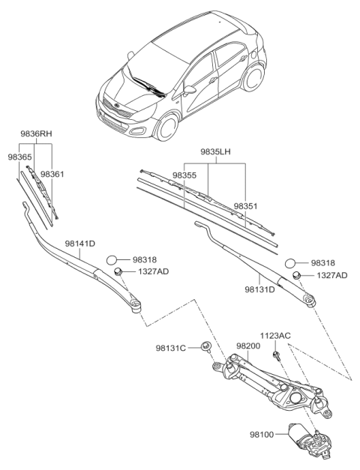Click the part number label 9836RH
[35, 134]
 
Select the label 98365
[21, 157]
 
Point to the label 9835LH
[215, 152]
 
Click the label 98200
[247, 346]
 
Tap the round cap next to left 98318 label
[113, 259]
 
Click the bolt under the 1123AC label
[277, 353]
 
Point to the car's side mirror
[190, 88]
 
